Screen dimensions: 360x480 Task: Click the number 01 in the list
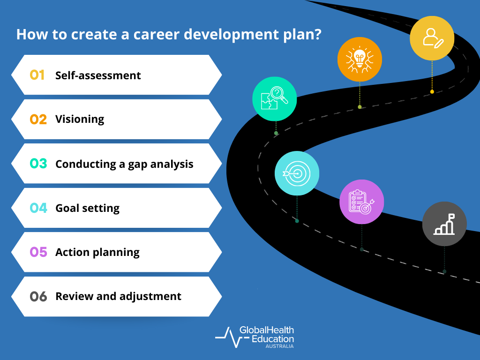37,75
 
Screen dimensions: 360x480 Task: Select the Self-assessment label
98,75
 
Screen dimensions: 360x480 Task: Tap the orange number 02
38,119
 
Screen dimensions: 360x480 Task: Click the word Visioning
80,119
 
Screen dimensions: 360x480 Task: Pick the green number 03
38,164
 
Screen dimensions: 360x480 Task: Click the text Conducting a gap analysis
124,164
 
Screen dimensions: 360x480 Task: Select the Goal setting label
87,208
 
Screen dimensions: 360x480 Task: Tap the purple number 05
38,252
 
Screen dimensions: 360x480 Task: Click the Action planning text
97,252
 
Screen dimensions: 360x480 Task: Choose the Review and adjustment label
118,296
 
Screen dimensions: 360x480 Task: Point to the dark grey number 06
38,296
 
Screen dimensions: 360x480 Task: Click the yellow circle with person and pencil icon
432,38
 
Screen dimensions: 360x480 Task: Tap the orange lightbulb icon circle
360,59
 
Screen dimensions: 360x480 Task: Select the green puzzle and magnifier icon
275,99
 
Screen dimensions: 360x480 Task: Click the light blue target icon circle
297,173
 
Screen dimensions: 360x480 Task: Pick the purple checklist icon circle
361,202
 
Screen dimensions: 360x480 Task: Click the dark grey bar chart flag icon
444,224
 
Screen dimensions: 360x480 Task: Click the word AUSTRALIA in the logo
279,346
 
